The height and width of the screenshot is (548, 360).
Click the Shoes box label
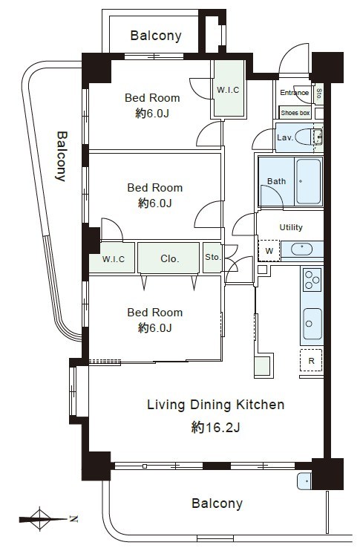coord(295,113)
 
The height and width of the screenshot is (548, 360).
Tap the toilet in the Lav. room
coord(309,137)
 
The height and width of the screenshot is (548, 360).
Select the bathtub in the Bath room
coord(308,182)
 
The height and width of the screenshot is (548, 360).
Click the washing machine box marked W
coord(269,250)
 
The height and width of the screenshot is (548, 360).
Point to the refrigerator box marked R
coord(311,360)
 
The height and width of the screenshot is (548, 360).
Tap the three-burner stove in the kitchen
coord(312,279)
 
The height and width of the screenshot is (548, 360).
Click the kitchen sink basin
coord(312,324)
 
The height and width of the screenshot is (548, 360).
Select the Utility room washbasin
coord(302,249)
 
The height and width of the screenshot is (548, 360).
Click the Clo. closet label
coord(170,258)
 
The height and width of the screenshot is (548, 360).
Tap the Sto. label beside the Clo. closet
coord(213,258)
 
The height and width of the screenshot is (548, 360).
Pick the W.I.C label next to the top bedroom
coord(228,90)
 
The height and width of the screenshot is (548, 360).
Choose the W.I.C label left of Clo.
coord(114,259)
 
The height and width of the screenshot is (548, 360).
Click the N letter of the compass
coord(73,519)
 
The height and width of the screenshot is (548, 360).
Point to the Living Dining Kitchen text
coord(216,405)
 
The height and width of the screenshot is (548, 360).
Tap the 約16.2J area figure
coord(215,427)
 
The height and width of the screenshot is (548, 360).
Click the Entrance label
coord(294,93)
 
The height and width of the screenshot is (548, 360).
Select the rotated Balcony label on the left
coord(62,156)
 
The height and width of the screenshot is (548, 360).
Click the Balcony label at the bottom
coord(217,503)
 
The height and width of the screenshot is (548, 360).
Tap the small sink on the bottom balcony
coord(304,481)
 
